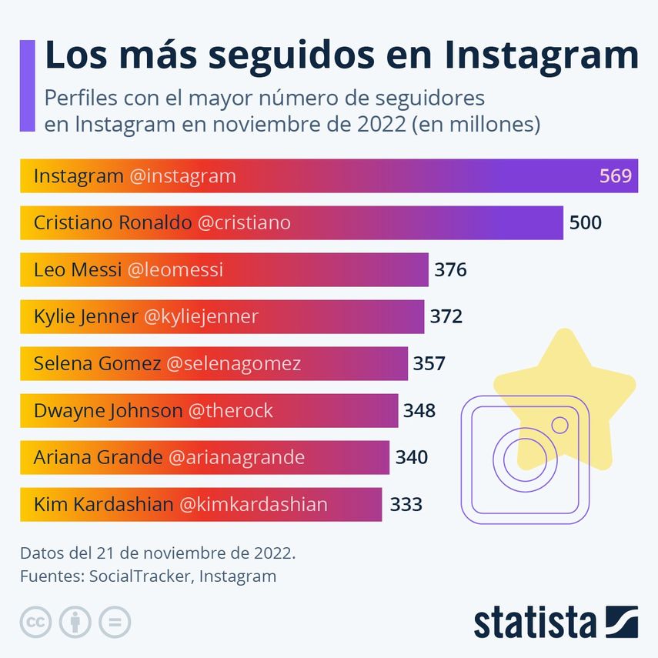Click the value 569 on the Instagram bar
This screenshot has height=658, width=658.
[x=615, y=176]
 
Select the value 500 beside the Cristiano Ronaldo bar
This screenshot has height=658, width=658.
[x=585, y=223]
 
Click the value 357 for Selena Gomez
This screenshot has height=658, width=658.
[x=429, y=363]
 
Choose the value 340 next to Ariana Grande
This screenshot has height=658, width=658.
[x=411, y=457]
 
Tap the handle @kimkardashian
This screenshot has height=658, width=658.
[x=253, y=504]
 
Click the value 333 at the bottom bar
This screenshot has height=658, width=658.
[x=406, y=504]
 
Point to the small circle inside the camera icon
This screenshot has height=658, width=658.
[x=560, y=425]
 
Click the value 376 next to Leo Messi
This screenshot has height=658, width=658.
[x=450, y=270]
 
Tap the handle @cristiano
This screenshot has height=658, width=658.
[x=244, y=223]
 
